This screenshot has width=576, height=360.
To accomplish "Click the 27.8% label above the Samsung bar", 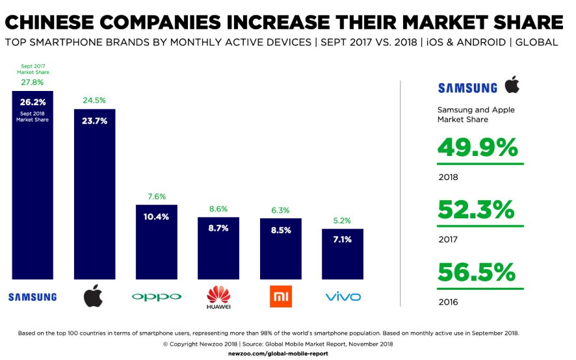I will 32,83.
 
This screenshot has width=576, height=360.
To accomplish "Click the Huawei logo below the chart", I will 218,298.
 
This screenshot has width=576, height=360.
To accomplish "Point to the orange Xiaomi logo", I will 280,296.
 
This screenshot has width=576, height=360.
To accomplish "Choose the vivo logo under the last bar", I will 343,297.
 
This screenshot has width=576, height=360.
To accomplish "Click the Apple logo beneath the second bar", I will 94,297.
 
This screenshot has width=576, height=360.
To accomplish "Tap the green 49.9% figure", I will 477,148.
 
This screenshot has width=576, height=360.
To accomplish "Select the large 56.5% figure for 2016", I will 477,272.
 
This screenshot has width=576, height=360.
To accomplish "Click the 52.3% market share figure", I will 477,210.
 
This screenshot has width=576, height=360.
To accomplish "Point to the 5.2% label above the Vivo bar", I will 343,220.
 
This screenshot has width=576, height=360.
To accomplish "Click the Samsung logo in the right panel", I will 467,88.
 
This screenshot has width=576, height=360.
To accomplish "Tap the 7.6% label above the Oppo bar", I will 157,196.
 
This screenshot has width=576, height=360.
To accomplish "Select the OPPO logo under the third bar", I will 157,297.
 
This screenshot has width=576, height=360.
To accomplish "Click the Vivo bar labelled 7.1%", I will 343,254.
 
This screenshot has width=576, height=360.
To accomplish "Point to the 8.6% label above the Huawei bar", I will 218,209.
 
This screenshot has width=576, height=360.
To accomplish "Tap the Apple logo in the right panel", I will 512,85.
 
